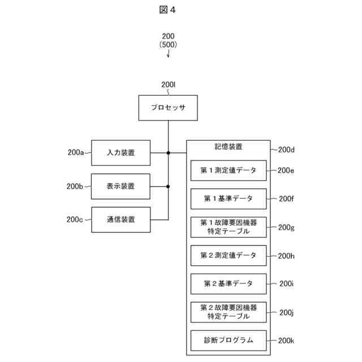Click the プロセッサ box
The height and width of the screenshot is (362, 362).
[168, 107]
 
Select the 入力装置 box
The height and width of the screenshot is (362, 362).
[120, 153]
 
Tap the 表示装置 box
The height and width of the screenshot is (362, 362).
[120, 186]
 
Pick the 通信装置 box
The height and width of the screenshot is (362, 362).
[120, 219]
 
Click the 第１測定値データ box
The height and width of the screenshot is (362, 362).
[228, 170]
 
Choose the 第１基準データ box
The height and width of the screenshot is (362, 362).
[228, 199]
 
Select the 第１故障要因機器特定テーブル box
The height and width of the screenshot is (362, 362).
[228, 227]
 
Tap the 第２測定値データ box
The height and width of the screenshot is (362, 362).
[228, 255]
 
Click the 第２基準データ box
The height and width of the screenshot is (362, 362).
[228, 283]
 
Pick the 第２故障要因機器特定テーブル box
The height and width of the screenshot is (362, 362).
[228, 312]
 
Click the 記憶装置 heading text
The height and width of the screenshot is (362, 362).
[228, 147]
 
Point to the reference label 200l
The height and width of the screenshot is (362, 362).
[169, 85]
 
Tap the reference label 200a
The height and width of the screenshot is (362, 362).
[75, 153]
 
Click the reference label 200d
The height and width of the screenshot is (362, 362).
[286, 150]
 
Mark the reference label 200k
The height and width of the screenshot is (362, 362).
[286, 341]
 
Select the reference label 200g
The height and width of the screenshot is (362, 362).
[286, 227]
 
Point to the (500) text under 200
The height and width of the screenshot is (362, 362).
[168, 45]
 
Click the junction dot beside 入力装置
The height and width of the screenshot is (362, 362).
[168, 153]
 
